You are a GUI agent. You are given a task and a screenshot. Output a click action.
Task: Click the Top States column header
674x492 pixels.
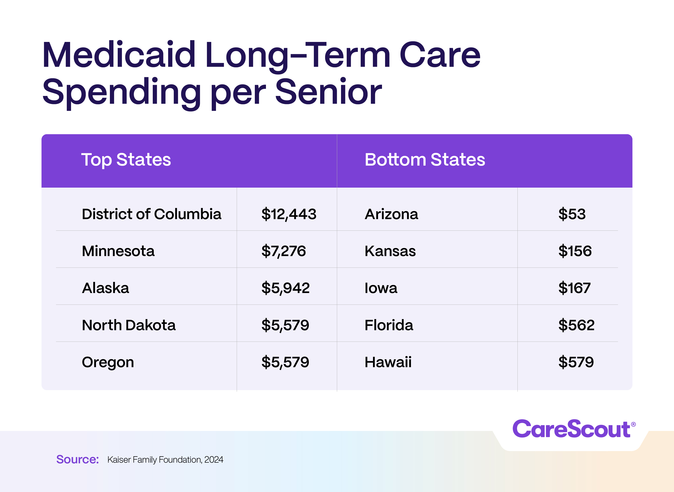(x=126, y=160)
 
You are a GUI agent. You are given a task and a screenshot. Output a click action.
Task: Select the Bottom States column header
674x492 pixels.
(x=425, y=160)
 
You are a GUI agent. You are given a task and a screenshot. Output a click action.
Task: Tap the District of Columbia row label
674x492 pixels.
(x=152, y=214)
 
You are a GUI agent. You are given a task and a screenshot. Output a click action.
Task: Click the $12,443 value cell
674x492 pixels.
(x=289, y=214)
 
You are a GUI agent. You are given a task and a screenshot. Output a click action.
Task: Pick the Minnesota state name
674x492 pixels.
(x=118, y=251)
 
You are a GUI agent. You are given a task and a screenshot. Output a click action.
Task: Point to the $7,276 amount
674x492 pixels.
(x=283, y=251)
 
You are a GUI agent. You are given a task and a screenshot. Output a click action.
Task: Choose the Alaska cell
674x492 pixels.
(x=105, y=288)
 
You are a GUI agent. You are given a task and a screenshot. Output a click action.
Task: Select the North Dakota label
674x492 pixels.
(x=129, y=325)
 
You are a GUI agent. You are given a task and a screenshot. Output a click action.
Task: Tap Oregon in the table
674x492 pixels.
(x=108, y=362)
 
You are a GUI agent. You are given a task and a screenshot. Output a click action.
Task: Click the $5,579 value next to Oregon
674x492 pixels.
(x=285, y=362)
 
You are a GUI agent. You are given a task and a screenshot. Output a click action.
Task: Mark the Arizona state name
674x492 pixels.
(x=391, y=214)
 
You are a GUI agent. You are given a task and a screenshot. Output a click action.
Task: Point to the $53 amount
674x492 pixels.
(x=572, y=214)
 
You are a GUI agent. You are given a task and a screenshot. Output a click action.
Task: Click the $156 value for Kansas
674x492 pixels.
(x=575, y=251)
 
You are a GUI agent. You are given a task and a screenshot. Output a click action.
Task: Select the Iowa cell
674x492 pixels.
(x=381, y=288)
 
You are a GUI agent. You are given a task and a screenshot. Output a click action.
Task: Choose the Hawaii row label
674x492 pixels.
(x=388, y=362)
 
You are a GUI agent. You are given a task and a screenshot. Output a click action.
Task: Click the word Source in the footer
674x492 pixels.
(x=77, y=460)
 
